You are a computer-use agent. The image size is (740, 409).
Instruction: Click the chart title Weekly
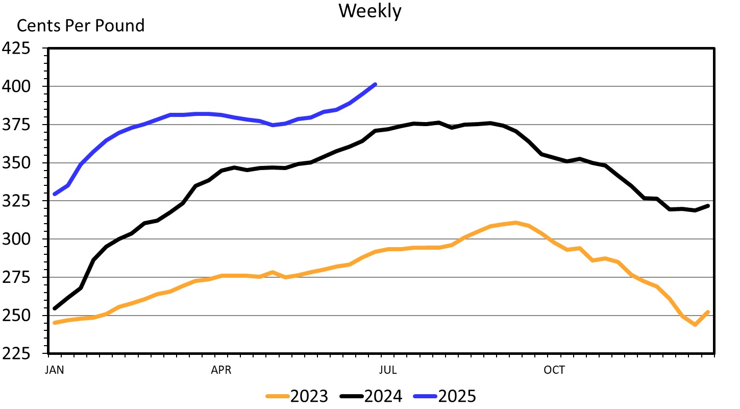(x=370, y=11)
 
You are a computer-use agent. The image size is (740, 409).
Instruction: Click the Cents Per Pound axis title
(x=81, y=25)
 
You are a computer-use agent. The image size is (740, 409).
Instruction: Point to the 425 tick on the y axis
(x=17, y=49)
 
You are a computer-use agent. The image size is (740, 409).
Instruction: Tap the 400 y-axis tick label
(x=17, y=87)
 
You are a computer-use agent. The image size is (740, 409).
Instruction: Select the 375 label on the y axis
(x=17, y=125)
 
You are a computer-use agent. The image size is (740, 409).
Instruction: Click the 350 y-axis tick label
(x=17, y=163)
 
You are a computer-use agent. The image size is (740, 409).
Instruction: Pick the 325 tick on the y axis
(x=17, y=201)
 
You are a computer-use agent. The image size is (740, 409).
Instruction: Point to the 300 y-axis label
(x=17, y=239)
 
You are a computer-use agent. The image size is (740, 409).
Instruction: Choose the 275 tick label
(x=17, y=278)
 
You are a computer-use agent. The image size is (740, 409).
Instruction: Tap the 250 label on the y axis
(x=17, y=316)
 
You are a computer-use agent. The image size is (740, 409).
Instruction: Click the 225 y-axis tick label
(x=17, y=354)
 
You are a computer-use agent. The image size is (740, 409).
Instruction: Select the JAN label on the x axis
(x=55, y=370)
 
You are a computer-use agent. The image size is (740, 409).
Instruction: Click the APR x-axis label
(x=221, y=370)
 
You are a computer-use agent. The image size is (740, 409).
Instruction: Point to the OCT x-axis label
(x=554, y=370)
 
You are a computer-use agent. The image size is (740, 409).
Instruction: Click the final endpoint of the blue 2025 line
(x=375, y=84)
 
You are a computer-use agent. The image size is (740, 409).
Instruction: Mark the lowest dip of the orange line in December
(x=695, y=325)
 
